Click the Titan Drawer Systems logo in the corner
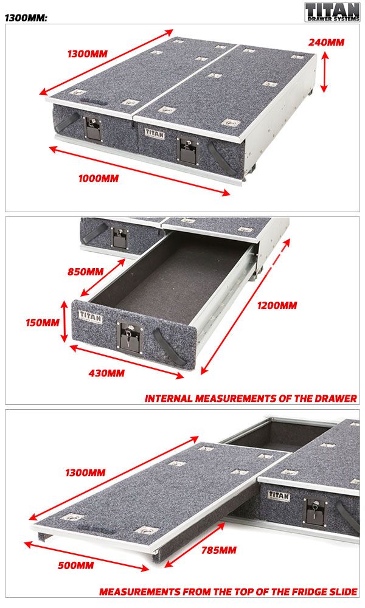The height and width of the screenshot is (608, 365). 332,12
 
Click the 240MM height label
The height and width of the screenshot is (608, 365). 326,43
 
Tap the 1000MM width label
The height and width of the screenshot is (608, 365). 99,178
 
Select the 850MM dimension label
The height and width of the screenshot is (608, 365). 85,271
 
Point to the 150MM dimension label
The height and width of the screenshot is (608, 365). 43,323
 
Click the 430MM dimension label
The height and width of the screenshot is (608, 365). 106,373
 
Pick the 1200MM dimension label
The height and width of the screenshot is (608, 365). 277,306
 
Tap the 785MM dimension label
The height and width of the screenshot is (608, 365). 219,550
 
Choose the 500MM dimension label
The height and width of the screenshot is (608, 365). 75,565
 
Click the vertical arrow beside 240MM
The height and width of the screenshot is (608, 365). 325,72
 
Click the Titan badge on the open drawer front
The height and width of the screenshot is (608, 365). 91,317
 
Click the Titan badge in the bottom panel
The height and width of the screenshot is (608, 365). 279,495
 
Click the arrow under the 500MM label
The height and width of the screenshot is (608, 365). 86,556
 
